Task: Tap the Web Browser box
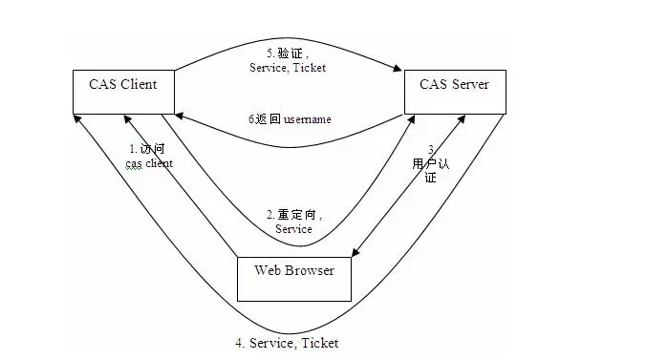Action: (294, 278)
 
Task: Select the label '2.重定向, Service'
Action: (294, 222)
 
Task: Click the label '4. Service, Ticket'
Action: (288, 342)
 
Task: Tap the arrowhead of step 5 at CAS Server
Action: (397, 69)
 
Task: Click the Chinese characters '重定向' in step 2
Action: (299, 215)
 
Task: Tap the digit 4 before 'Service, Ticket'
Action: (240, 342)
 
